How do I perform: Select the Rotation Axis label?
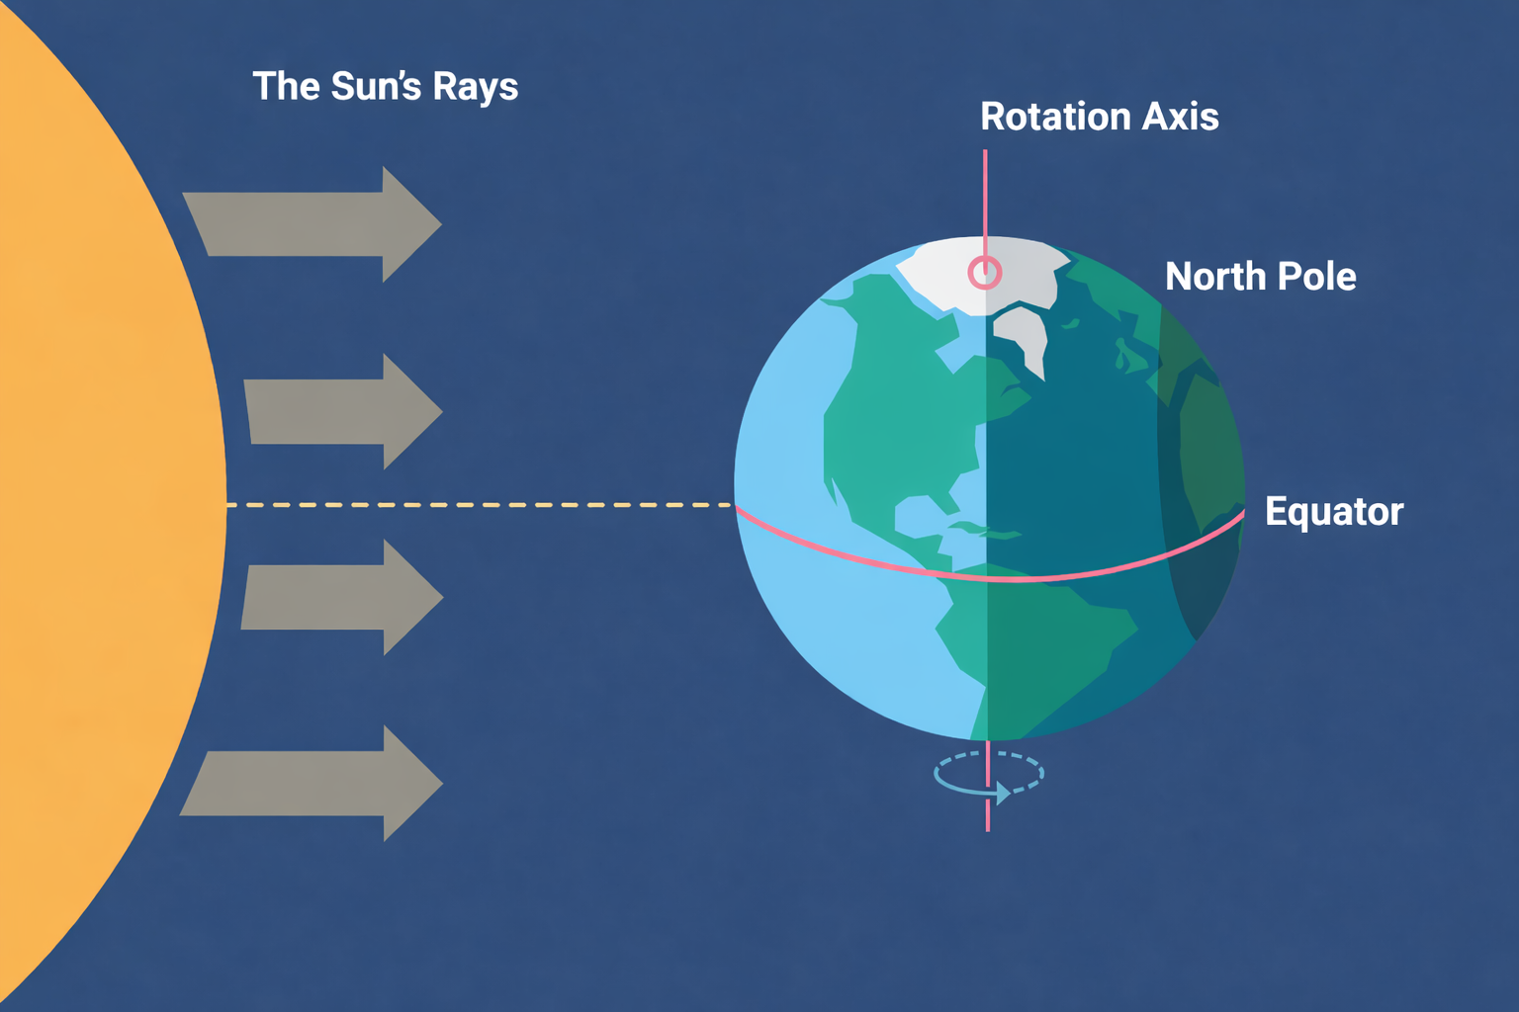(1099, 117)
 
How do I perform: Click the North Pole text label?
(1260, 277)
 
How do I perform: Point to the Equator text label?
(1333, 512)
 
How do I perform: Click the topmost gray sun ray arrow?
(316, 224)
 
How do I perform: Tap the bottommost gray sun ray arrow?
(316, 784)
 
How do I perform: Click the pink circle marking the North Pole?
(985, 273)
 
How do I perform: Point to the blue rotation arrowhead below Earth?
(1003, 793)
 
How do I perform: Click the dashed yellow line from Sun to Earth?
(480, 505)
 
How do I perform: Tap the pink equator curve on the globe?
(1019, 577)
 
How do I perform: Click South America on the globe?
(1028, 632)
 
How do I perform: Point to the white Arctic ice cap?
(949, 272)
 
